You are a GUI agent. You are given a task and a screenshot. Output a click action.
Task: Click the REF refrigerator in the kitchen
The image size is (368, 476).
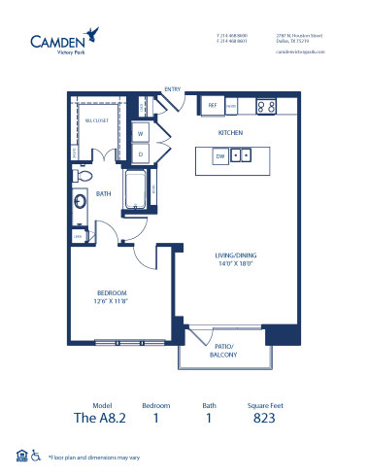pos(212,105)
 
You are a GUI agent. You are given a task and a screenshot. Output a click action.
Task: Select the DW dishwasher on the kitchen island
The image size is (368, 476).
pos(220,154)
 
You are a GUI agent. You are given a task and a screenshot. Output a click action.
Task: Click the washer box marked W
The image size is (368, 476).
pos(141,133)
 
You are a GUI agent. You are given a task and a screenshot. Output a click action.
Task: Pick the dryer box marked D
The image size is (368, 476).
pos(141,153)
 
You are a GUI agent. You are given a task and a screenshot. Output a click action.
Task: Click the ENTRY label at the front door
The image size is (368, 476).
pos(173,88)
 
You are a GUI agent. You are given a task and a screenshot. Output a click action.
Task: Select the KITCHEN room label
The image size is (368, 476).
pos(230,132)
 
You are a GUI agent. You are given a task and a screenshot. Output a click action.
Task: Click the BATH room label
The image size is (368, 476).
pos(104,193)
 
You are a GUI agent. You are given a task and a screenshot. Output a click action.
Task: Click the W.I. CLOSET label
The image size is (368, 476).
pos(94,119)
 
